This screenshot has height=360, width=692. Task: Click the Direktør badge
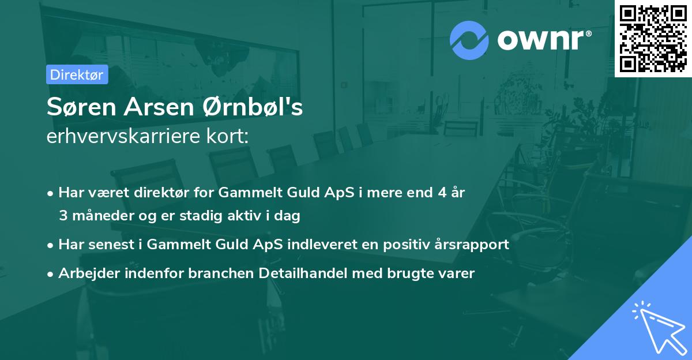pyautogui.click(x=77, y=74)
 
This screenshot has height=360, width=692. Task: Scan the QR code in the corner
pyautogui.click(x=652, y=38)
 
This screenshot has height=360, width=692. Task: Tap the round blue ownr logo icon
pyautogui.click(x=469, y=40)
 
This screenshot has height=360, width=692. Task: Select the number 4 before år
pyautogui.click(x=439, y=193)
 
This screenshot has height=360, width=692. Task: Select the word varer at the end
pyautogui.click(x=458, y=273)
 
